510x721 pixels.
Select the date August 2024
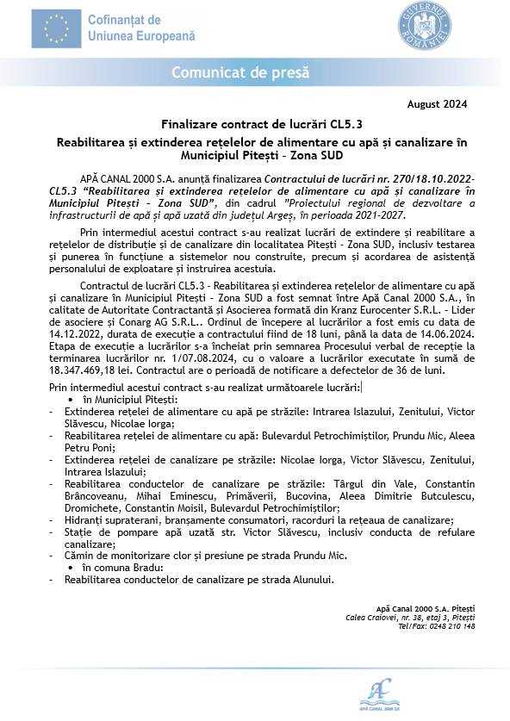pyautogui.click(x=438, y=104)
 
